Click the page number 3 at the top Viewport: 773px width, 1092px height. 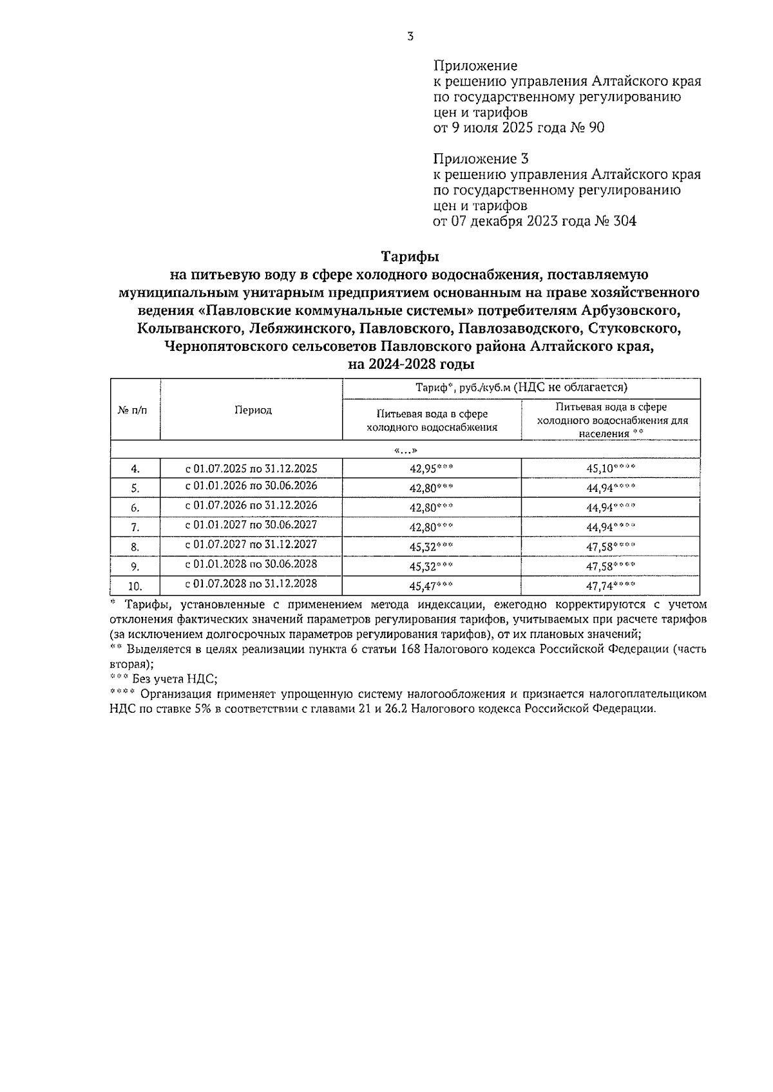coord(410,37)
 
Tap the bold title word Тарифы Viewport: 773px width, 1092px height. coord(410,257)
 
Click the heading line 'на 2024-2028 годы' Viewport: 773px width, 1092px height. coord(411,364)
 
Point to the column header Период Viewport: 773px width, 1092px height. coord(253,410)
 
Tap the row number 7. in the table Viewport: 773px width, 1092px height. coord(135,527)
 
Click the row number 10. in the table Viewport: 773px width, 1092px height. coord(135,586)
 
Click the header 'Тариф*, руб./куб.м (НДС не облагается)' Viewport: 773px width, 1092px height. coord(521,388)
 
